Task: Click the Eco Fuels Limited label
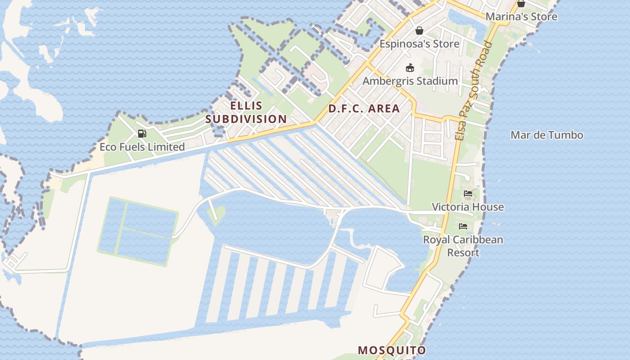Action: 142,147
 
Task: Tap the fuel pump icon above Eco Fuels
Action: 142,134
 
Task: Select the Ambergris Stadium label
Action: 410,81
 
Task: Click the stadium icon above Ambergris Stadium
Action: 409,68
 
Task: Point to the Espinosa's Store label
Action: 419,44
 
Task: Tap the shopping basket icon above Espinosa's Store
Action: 419,31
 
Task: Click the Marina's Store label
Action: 521,17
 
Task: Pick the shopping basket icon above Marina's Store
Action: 521,4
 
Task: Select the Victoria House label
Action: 468,207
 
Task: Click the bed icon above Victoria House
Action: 468,193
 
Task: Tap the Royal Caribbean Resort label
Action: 463,246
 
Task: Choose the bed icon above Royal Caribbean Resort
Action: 463,226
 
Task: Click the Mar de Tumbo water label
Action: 547,135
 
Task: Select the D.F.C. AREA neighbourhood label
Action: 364,108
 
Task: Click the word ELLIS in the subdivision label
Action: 246,106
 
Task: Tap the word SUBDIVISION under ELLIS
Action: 246,119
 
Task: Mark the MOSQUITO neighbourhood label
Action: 391,350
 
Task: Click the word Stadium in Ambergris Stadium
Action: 437,81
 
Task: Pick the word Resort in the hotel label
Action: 463,252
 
